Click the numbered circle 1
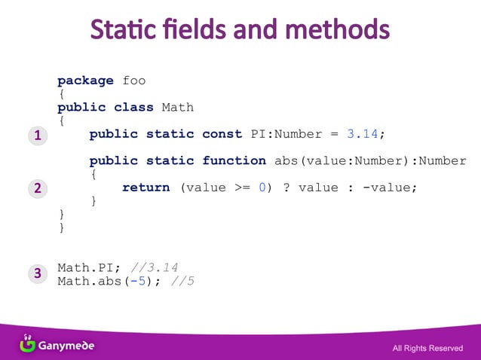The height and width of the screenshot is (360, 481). point(36,136)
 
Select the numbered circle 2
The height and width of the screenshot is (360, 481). point(36,188)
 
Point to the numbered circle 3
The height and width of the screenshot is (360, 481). point(36,274)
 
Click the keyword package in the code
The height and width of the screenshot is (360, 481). point(85,81)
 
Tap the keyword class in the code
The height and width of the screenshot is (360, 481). point(133,107)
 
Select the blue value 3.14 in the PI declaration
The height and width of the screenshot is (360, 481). point(362,134)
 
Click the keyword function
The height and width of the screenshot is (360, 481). point(234,160)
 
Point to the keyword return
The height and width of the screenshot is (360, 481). point(146,188)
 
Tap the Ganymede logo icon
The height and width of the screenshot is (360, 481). point(28,343)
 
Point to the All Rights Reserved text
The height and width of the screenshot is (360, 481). point(427,348)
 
